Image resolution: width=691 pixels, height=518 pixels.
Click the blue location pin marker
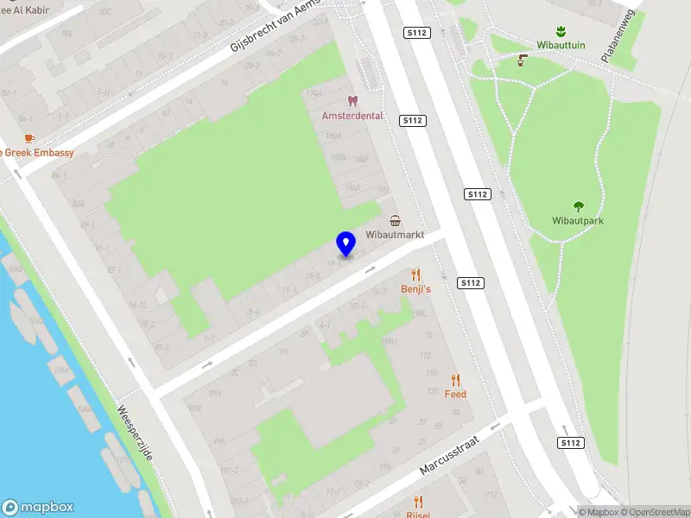(x=346, y=244)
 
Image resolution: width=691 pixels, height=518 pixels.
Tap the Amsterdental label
(x=352, y=116)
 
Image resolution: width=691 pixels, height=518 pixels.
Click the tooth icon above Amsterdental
(x=352, y=100)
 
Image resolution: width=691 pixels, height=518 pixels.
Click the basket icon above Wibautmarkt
(x=395, y=220)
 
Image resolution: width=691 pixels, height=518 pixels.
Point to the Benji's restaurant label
(x=415, y=289)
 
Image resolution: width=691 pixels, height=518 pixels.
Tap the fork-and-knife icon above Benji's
(x=416, y=274)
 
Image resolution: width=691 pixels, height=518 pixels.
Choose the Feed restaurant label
(x=455, y=395)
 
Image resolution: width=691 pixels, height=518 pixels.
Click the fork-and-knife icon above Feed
(x=455, y=379)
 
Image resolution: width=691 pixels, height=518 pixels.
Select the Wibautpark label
(x=578, y=221)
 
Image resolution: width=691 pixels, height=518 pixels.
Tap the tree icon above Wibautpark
(x=579, y=206)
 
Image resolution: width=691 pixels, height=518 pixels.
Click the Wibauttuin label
(x=560, y=47)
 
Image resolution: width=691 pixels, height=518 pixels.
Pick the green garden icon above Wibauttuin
(x=560, y=31)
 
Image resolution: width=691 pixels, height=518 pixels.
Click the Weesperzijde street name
(x=135, y=433)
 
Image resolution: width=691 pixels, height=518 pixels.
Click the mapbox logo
(x=37, y=507)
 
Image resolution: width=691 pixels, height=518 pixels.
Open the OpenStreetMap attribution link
(x=655, y=512)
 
